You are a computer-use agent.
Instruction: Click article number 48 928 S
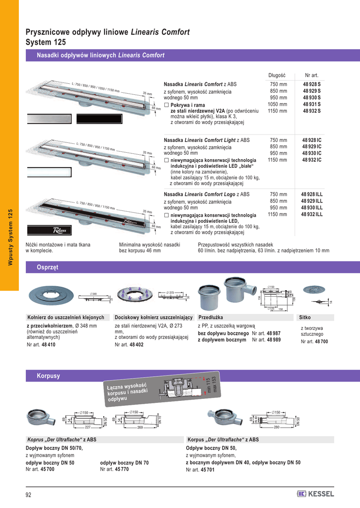(311, 85)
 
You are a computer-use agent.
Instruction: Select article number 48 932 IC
(311, 160)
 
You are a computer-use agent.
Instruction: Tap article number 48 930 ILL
(311, 207)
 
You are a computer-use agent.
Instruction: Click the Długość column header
(276, 75)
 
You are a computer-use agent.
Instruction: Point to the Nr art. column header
(312, 75)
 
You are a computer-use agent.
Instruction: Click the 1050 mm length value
(278, 104)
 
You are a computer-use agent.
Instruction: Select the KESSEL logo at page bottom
(316, 494)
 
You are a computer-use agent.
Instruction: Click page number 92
(29, 494)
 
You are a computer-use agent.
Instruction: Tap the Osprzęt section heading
(48, 267)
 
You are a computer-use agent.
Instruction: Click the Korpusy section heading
(48, 376)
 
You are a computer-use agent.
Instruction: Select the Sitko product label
(305, 317)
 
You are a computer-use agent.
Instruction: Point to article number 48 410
(48, 344)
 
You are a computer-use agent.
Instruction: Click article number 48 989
(273, 340)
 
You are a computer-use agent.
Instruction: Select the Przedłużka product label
(211, 317)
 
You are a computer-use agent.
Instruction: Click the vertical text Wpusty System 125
(9, 238)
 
